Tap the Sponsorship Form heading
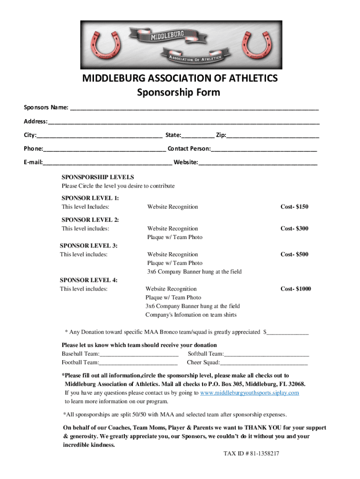click(x=178, y=93)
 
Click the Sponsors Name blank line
click(x=194, y=109)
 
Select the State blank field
click(x=198, y=136)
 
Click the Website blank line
click(x=258, y=163)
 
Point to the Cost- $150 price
click(x=294, y=207)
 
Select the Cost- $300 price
click(x=294, y=229)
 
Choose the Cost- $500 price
click(x=294, y=254)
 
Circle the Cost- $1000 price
click(x=295, y=289)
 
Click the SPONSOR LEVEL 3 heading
click(x=89, y=246)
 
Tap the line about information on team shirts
click(x=191, y=315)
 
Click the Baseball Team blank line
click(x=139, y=354)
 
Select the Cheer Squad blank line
click(x=264, y=363)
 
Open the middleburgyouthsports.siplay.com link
click(x=249, y=393)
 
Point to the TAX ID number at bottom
click(x=251, y=454)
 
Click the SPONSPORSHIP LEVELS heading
click(x=98, y=177)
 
